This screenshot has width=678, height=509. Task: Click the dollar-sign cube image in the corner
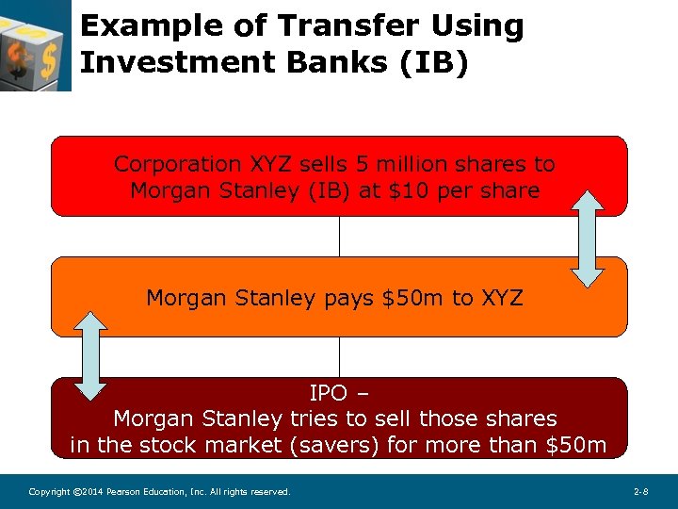(35, 44)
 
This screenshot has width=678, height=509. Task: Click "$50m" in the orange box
(413, 299)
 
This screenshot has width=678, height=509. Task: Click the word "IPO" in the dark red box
(329, 392)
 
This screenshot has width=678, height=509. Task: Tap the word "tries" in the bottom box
(315, 418)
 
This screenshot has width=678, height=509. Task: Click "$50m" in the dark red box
(576, 444)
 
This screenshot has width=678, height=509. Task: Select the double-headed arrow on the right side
(588, 238)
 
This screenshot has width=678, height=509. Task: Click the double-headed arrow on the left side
(91, 354)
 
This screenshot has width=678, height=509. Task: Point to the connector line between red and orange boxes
(339, 236)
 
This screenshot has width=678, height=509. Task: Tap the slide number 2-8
(640, 492)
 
